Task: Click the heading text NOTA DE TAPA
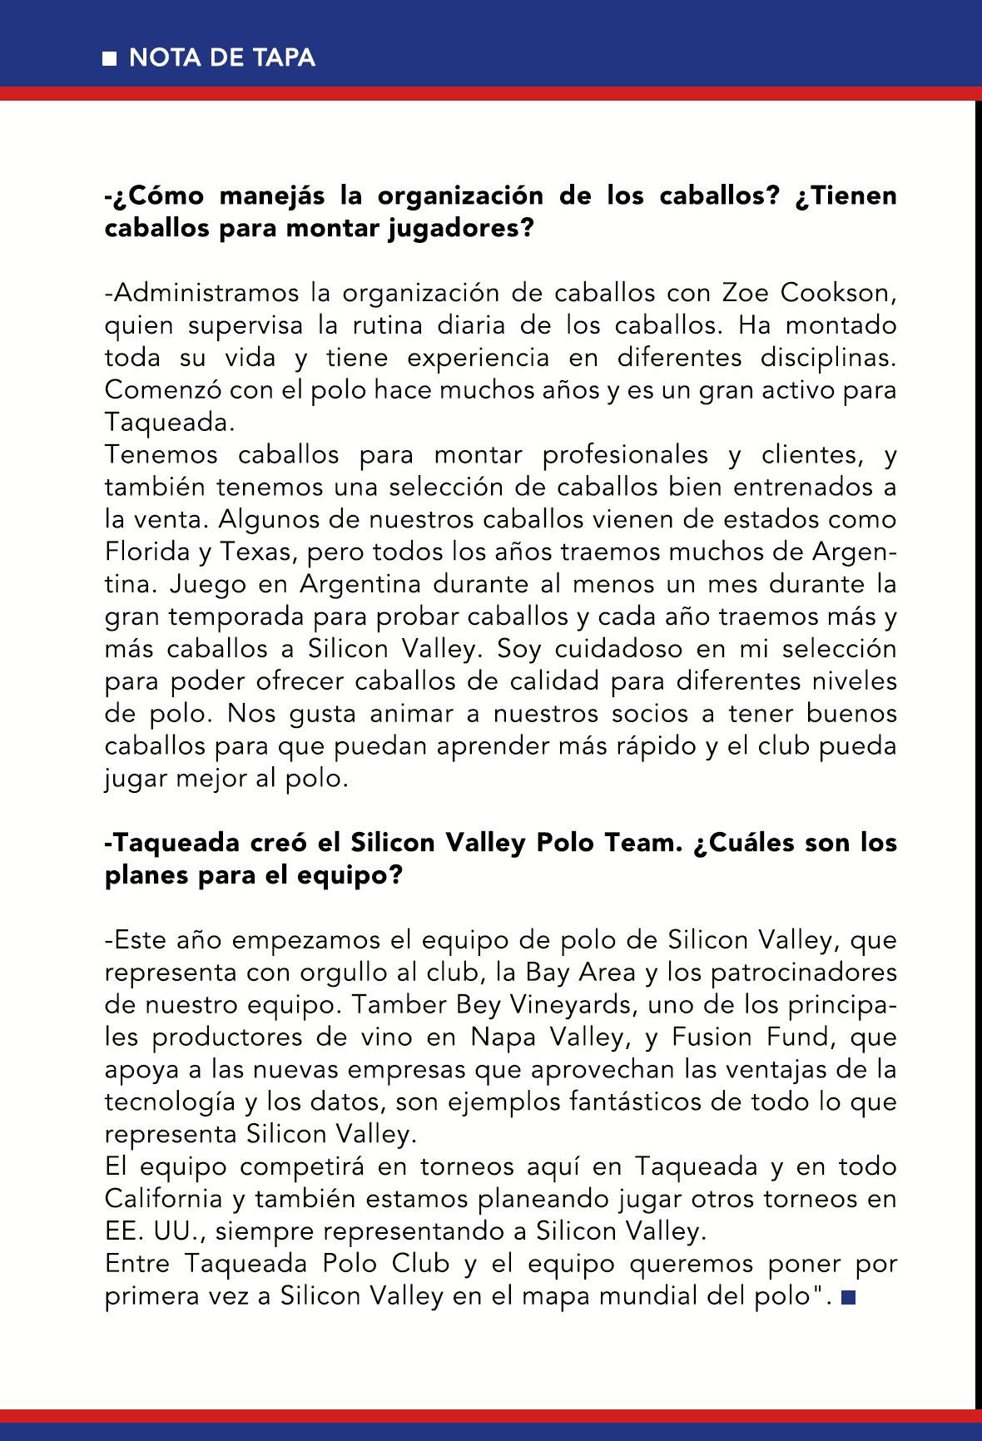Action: [222, 58]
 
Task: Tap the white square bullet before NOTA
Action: [110, 59]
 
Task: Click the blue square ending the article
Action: [848, 1298]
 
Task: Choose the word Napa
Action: [502, 1037]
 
